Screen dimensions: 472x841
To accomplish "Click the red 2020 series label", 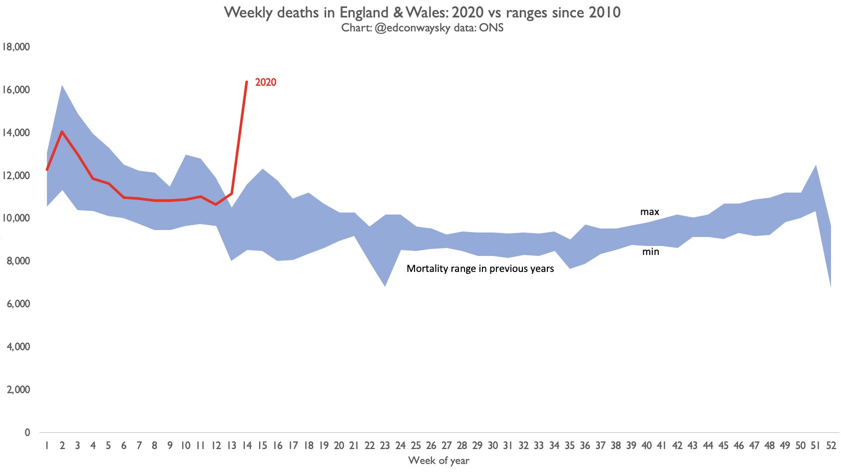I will click(x=266, y=82).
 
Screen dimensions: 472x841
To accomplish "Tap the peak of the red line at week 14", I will click(x=247, y=82).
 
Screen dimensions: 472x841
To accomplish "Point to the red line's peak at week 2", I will click(x=62, y=132).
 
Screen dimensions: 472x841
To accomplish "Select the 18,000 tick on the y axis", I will click(x=16, y=47).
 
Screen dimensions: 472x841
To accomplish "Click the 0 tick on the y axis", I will click(x=27, y=433).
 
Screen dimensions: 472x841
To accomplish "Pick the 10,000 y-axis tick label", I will click(x=16, y=219).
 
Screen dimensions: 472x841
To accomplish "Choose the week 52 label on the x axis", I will click(x=831, y=446).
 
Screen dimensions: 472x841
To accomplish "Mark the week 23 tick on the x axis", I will click(x=385, y=446).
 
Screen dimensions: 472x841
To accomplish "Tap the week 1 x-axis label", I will click(x=46, y=446).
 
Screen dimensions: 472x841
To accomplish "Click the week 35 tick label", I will click(x=569, y=446).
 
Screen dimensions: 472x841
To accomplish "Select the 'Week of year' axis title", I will click(x=438, y=461).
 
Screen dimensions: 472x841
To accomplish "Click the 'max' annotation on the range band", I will click(x=650, y=212).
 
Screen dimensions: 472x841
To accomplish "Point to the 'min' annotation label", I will click(x=650, y=252).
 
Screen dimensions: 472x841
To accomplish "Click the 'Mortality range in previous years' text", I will click(x=480, y=268).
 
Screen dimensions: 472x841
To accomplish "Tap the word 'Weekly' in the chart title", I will click(x=248, y=12).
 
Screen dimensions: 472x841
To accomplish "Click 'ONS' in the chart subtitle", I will click(x=491, y=28).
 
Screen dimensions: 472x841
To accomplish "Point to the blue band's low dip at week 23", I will click(x=385, y=286).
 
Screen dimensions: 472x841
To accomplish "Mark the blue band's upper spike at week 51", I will click(x=816, y=165).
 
